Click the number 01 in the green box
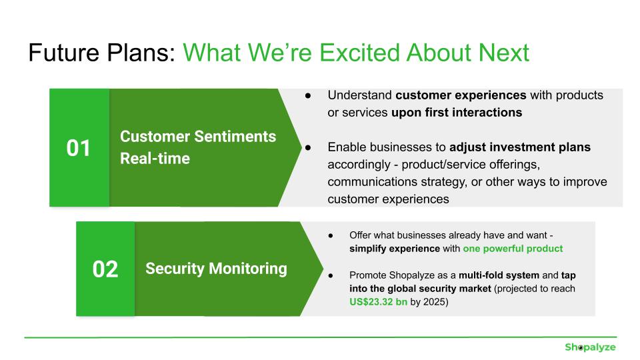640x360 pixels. [x=79, y=148]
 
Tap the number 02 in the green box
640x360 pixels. [x=105, y=269]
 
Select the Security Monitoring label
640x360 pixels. [x=216, y=269]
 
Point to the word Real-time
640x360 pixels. [x=155, y=159]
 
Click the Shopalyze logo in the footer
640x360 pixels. [x=590, y=347]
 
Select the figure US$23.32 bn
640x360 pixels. [x=378, y=301]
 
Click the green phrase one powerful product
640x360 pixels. [x=513, y=249]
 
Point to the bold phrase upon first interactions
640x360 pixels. [x=457, y=113]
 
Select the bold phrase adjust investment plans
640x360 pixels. [x=520, y=147]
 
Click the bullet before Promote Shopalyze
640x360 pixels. [x=331, y=275]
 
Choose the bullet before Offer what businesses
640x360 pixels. [x=331, y=235]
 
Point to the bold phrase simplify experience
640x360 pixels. [x=394, y=249]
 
